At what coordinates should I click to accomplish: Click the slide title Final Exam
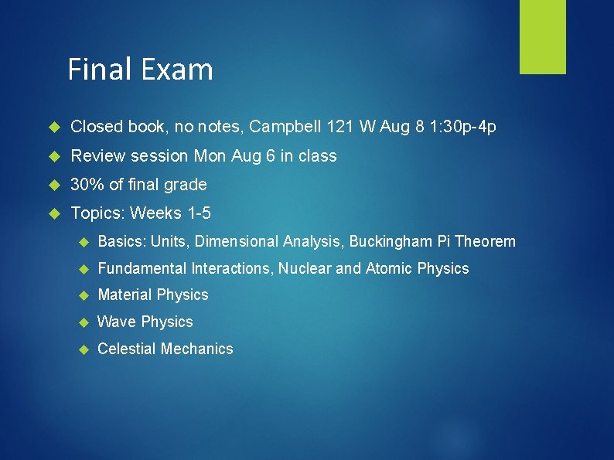click(140, 70)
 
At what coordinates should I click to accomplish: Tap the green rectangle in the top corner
click(542, 36)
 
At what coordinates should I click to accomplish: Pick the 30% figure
click(87, 185)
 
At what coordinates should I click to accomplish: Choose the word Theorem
click(486, 242)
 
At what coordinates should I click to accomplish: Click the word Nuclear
click(304, 269)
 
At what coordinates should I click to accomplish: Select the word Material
click(125, 295)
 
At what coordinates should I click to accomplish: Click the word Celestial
click(127, 349)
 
